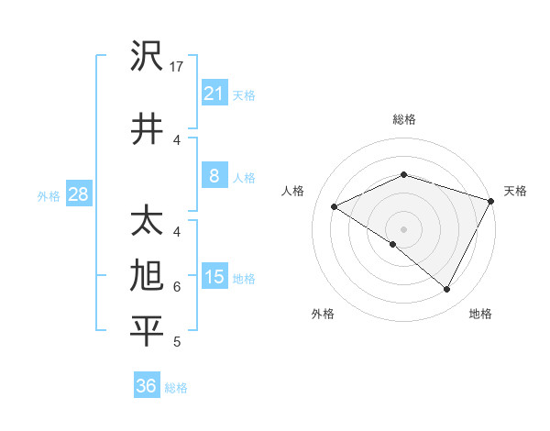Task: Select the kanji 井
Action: click(x=147, y=127)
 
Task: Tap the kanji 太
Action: click(x=147, y=223)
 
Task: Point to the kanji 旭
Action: click(x=147, y=276)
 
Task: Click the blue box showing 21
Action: click(x=214, y=93)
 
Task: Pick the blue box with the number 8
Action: click(x=214, y=177)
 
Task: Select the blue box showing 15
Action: click(x=214, y=277)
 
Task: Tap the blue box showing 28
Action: click(x=78, y=194)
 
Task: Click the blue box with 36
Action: click(x=146, y=386)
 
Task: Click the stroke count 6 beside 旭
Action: click(x=177, y=286)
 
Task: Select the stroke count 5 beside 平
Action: click(x=177, y=342)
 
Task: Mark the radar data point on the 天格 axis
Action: click(x=492, y=201)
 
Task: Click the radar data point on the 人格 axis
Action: click(x=335, y=207)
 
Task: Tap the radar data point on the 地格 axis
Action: click(x=447, y=290)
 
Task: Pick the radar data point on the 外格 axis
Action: click(x=392, y=244)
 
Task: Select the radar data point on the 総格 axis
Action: click(x=403, y=174)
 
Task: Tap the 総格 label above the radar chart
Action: click(x=403, y=119)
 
